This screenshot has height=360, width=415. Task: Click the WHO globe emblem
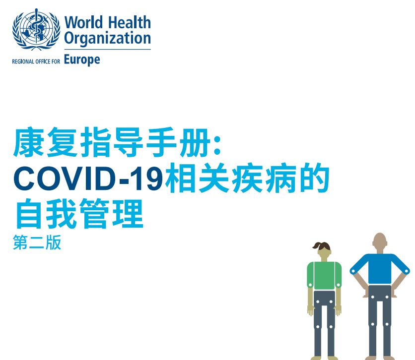[x=36, y=29]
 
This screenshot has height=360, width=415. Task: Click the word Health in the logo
[x=130, y=22]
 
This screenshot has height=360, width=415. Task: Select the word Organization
[x=107, y=38]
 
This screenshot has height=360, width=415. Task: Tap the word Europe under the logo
[x=82, y=60]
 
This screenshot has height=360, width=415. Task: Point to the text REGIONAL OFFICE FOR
[x=36, y=61]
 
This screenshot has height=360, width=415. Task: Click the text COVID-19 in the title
[x=88, y=178]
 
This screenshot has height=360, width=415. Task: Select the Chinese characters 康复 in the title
[x=46, y=142]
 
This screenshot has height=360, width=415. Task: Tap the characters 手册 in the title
[x=178, y=142]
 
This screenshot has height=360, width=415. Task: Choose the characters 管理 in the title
[x=111, y=213]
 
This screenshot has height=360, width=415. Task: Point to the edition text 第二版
[x=37, y=242]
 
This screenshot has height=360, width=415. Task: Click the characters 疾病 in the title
[x=265, y=178]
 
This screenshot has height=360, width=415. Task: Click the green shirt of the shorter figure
[x=324, y=275]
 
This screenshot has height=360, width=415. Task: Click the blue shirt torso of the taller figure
[x=380, y=269]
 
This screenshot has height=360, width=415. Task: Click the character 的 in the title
[x=314, y=178]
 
